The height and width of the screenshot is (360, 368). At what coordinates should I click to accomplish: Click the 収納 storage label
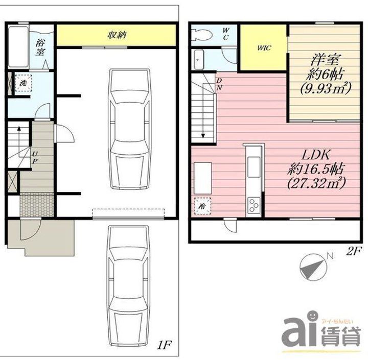coord(117,35)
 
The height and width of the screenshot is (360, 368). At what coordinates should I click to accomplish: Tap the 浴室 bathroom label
coord(40,47)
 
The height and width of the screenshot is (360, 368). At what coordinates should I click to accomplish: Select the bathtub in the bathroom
coord(18,47)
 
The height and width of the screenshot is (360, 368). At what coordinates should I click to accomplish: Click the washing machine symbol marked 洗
coord(23,83)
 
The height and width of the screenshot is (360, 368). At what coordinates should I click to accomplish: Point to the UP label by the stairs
coord(34,158)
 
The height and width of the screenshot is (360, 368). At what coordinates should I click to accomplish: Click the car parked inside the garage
coord(130,129)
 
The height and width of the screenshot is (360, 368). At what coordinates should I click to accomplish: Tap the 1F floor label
coord(164,345)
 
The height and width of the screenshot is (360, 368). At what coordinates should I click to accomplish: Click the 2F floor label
coord(353,251)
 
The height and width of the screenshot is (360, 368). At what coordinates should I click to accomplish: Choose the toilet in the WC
coord(202,35)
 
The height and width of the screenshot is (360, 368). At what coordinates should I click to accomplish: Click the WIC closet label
coord(264,48)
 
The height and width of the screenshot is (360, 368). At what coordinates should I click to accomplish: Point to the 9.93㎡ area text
coord(325,88)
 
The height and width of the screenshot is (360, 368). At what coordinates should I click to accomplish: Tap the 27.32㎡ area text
coord(316,182)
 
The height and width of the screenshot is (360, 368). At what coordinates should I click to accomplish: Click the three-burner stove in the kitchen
coord(254,205)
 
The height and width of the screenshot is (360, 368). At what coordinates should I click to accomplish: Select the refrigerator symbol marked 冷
coord(202,206)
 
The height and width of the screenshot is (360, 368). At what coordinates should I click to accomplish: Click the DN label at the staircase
coord(219,84)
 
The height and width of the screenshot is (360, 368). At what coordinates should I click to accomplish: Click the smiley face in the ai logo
coord(312,314)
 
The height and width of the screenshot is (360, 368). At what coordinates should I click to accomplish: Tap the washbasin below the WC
coord(199,60)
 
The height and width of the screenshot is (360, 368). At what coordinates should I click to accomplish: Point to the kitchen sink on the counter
coord(254,167)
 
